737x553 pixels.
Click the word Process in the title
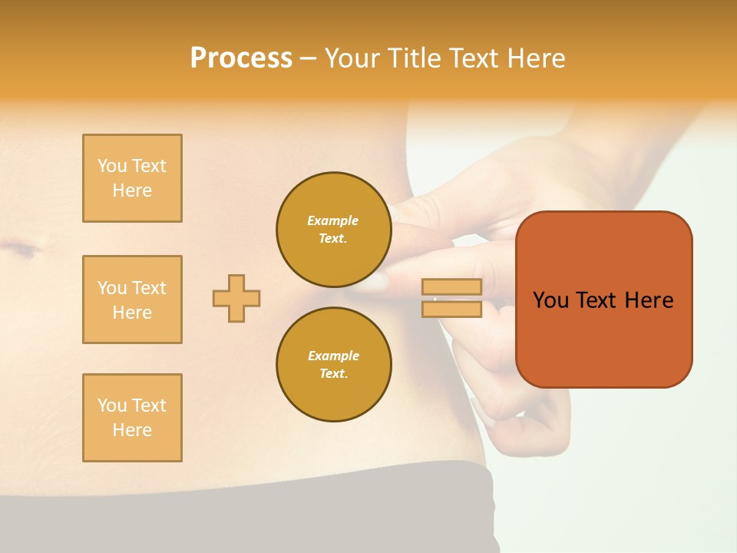pos(241,58)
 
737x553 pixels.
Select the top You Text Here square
pos(132,178)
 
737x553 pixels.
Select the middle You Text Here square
pos(132,300)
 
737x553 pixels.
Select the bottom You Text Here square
pos(132,418)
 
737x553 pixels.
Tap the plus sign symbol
pos(236,298)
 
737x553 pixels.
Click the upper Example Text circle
pos(334,230)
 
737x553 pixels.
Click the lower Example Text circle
pos(334,365)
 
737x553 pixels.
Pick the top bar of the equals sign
pos(451,287)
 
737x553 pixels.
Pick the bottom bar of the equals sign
pos(451,309)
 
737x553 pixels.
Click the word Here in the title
pos(535,58)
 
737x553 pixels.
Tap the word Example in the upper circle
pos(333,220)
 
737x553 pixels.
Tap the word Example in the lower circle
pos(333,356)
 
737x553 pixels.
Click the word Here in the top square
pos(132,190)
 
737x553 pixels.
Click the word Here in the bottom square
pos(132,430)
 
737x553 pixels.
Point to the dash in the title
pos(309,58)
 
